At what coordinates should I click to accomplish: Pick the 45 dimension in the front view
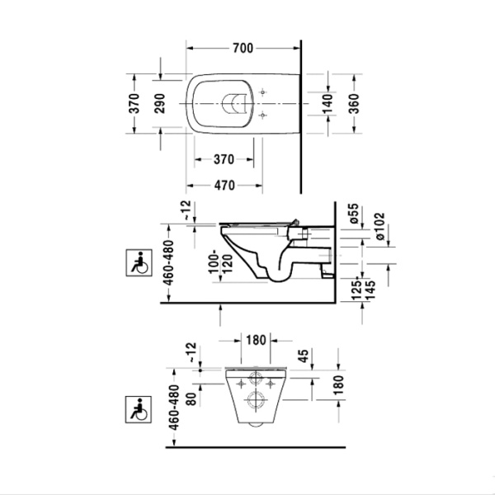coord(304,356)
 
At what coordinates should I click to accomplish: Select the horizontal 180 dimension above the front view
coord(255,339)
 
